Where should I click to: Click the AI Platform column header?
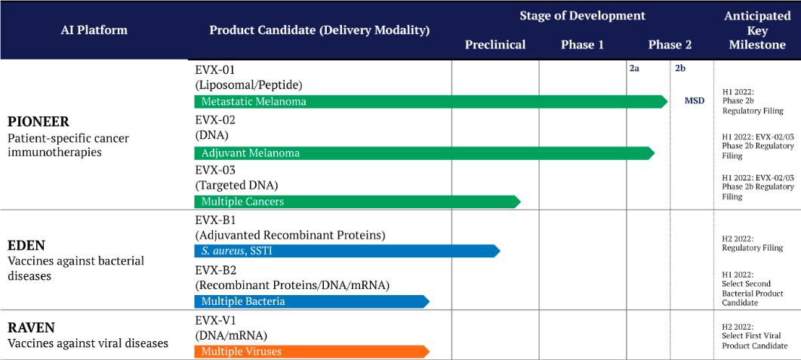[94, 30]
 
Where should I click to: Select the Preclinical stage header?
[495, 45]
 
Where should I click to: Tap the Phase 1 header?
[582, 45]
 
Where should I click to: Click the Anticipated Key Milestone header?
[757, 30]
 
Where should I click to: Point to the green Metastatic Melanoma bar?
[430, 102]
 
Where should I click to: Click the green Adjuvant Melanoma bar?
[424, 152]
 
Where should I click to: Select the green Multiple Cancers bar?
[357, 202]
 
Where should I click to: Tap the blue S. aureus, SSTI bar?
[347, 251]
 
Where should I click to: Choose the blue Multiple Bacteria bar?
[312, 301]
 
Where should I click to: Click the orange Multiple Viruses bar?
[312, 351]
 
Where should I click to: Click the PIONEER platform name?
[39, 123]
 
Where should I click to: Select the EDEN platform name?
[26, 245]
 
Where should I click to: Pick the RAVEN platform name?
[31, 327]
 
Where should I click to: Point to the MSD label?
[695, 100]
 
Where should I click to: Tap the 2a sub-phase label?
[634, 68]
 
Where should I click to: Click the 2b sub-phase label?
[680, 68]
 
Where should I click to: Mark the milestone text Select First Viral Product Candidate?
[754, 341]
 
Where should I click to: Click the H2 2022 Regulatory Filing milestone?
[753, 243]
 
